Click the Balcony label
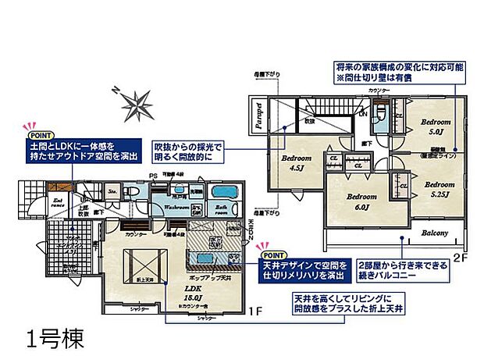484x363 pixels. click(436, 233)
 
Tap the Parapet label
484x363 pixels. click(257, 115)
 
